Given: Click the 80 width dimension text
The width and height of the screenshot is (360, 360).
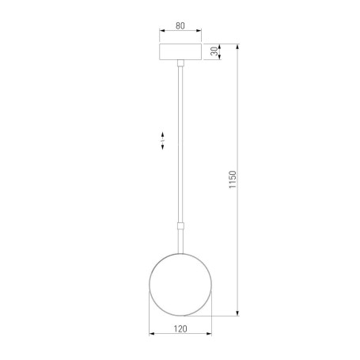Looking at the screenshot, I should pyautogui.click(x=180, y=26).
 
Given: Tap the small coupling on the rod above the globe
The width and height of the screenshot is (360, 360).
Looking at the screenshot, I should pyautogui.click(x=180, y=225).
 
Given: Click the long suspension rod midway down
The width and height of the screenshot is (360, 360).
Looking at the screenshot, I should pyautogui.click(x=180, y=142).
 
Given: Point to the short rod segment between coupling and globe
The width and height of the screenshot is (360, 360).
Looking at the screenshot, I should pyautogui.click(x=180, y=242).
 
